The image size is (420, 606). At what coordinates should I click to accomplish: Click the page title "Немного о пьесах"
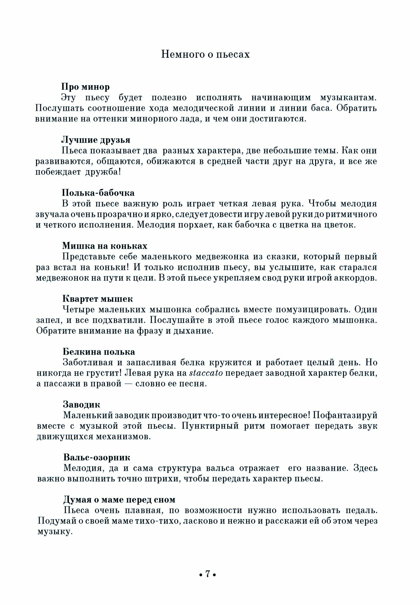pos(205,54)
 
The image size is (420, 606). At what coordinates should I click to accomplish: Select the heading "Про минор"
pos(86,87)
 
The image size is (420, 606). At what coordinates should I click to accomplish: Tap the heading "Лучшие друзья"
pos(96,140)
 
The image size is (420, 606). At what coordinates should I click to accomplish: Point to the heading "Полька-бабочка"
pos(98,193)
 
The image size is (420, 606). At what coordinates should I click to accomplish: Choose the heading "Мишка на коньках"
pos(105,246)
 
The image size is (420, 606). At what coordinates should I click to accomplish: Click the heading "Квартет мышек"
pos(97,299)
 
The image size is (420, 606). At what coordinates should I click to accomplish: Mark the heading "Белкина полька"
pos(99,352)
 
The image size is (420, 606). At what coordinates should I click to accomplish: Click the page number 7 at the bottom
pos(208,574)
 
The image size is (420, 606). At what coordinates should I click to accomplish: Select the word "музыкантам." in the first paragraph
pos(348,98)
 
